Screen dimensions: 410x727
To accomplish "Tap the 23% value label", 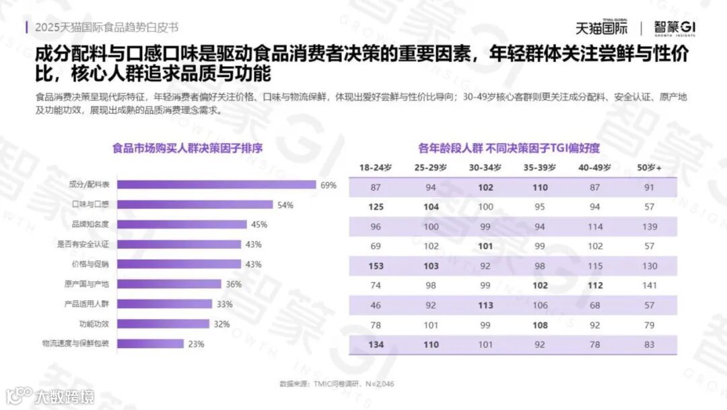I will click(196, 344).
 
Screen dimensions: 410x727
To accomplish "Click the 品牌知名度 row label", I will click(94, 225).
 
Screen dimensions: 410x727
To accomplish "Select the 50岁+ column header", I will click(649, 167).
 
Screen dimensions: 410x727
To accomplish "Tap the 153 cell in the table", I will click(376, 266).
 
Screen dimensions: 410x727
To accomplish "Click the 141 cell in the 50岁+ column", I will click(649, 285).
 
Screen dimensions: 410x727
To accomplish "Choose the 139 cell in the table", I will click(649, 227).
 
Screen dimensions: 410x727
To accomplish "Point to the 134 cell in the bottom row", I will click(376, 345).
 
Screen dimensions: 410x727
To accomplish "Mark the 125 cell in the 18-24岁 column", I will click(376, 206).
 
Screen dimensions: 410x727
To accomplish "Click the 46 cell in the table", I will click(376, 305).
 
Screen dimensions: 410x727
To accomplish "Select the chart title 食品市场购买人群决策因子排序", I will click(187, 148).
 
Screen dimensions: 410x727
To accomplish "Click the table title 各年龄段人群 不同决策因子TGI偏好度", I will click(508, 148).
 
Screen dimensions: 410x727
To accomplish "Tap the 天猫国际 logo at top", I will click(601, 28).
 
